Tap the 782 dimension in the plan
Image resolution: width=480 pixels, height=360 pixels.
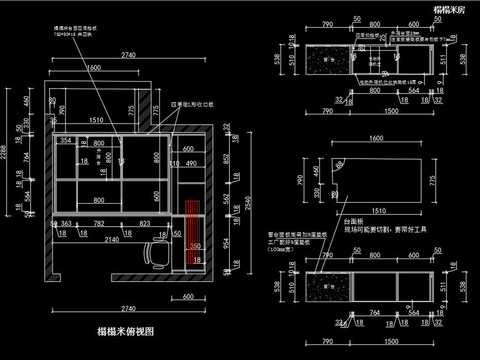[x=99, y=224]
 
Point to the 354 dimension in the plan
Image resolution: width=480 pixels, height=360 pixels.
[x=66, y=141]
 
